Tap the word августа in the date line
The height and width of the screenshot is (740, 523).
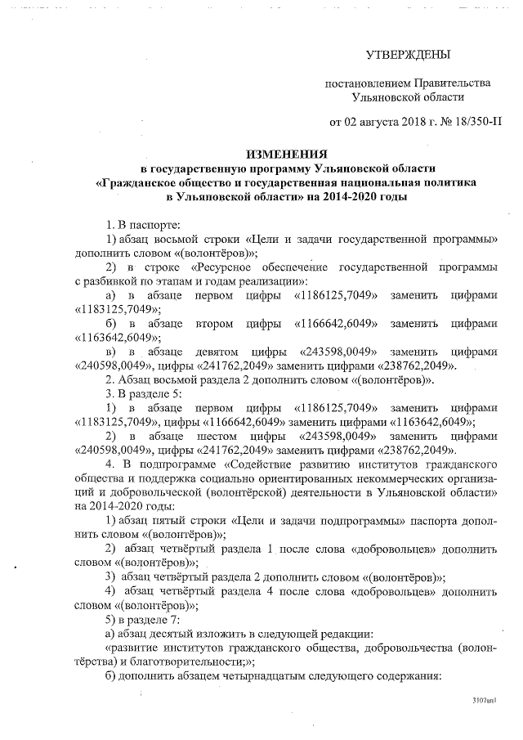point(378,123)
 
